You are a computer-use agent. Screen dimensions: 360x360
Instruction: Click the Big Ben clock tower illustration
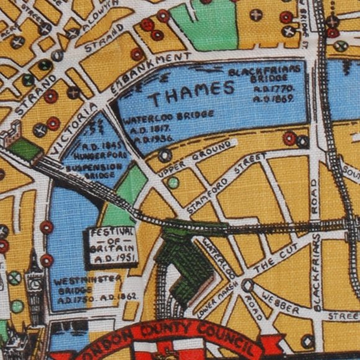click(35, 289)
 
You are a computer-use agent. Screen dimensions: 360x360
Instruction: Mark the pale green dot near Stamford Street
click(173, 182)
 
